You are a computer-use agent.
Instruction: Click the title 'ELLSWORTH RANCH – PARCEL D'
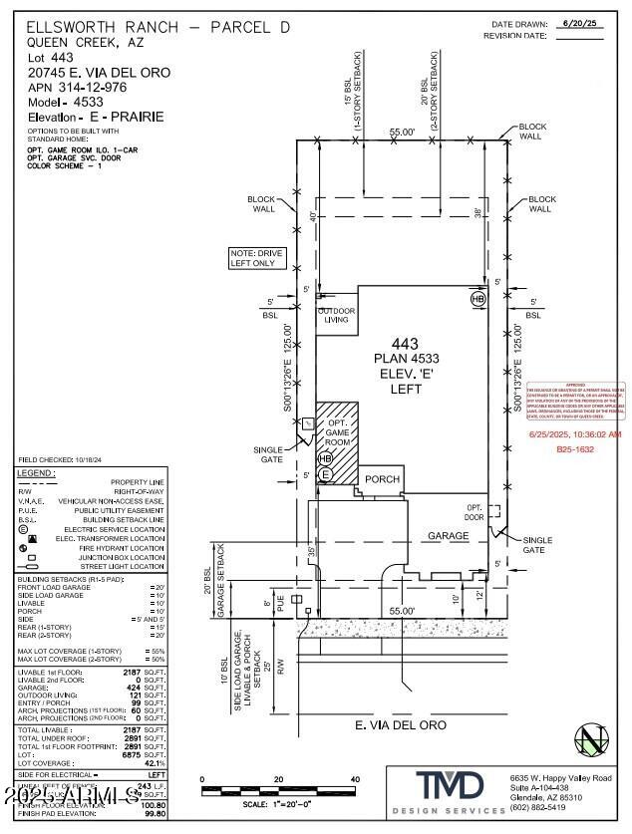(158, 27)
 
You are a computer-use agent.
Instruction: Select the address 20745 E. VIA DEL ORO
(99, 73)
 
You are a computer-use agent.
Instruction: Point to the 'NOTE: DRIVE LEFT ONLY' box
(257, 259)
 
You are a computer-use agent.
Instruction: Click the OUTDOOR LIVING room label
(336, 315)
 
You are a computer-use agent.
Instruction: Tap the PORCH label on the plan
(381, 479)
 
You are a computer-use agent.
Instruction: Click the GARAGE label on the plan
(448, 535)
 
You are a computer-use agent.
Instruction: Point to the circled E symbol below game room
(325, 475)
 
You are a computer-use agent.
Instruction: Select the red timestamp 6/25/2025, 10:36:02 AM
(575, 434)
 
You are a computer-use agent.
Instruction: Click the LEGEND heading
(36, 472)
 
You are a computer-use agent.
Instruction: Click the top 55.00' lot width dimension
(402, 131)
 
